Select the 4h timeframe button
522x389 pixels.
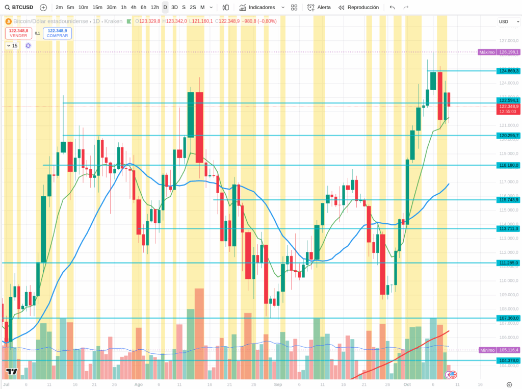(133, 8)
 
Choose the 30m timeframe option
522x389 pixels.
(111, 8)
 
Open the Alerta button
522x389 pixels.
(319, 8)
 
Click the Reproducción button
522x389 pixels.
(358, 8)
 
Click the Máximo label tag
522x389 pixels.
(487, 52)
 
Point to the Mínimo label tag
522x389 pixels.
(487, 350)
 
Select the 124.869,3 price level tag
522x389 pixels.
(509, 71)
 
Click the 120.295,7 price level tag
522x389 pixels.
(509, 136)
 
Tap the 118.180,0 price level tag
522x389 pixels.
(509, 165)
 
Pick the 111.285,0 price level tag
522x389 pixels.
(509, 263)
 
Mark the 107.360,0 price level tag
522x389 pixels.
(509, 318)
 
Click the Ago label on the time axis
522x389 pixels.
(138, 384)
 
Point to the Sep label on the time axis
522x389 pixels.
(278, 384)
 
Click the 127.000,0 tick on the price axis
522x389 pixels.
(509, 41)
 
